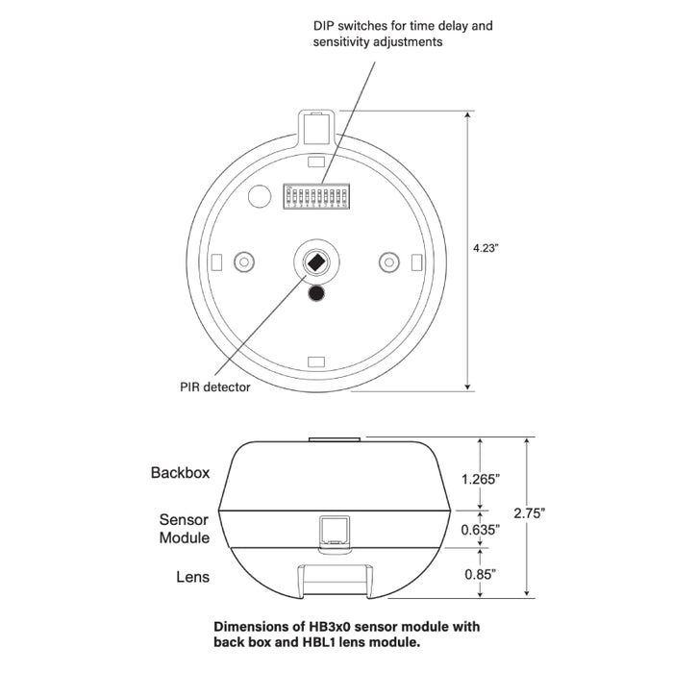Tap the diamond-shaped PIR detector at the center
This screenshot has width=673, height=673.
[316, 262]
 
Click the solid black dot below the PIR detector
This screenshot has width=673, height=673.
[316, 294]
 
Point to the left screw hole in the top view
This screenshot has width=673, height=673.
[243, 262]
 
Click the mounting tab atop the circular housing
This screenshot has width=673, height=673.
[316, 125]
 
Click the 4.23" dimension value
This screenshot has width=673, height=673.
[486, 247]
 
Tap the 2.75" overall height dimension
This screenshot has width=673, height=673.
[557, 514]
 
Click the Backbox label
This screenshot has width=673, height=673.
[180, 473]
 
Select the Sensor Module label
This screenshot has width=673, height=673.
[183, 529]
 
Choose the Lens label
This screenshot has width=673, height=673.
[193, 577]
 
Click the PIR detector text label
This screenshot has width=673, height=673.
[214, 387]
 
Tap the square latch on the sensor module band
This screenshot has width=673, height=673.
[332, 529]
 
